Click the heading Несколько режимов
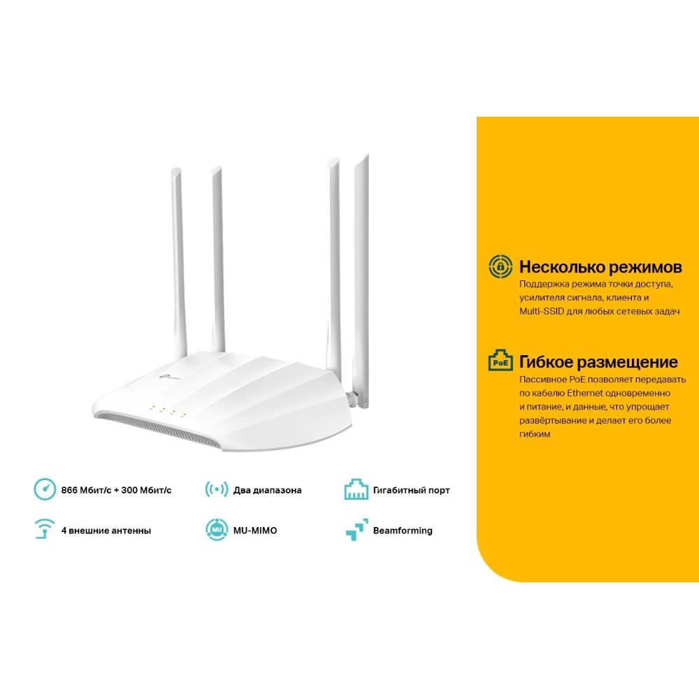point(600,267)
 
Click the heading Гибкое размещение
point(598,362)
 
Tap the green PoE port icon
point(500,360)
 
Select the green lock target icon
point(500,266)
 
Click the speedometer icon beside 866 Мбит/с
point(45,489)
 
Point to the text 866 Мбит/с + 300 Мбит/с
point(116,491)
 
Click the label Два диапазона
point(268,491)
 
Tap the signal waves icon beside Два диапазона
point(217,489)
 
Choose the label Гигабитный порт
point(412,491)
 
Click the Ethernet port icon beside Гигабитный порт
point(356,489)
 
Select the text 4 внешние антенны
point(106,531)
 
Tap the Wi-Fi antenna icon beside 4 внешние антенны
point(45,528)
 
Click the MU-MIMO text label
point(255,531)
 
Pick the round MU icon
point(217,530)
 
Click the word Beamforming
point(403,531)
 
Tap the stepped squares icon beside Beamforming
point(357,530)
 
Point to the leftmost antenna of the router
point(178,263)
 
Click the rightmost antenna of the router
point(362,281)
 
